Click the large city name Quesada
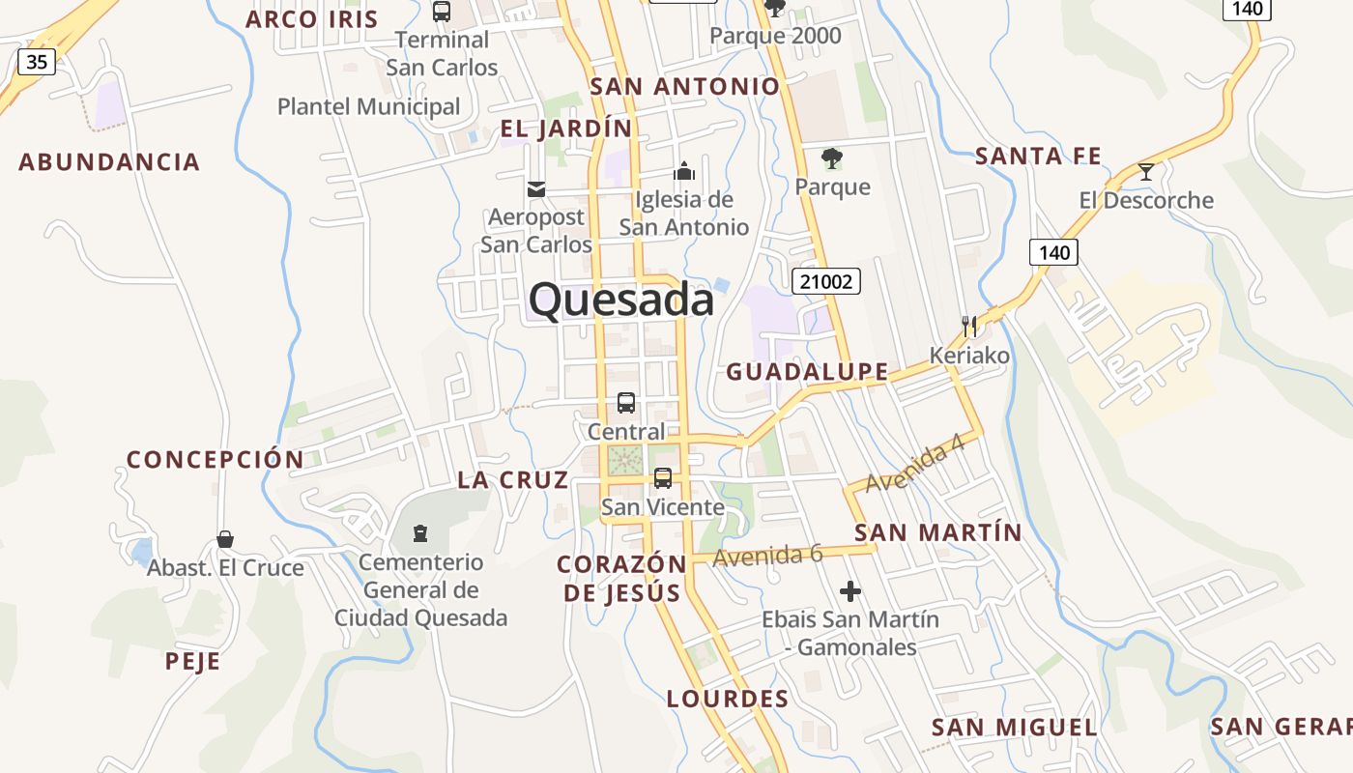[621, 300]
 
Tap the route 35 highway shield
[37, 62]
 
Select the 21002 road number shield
[825, 281]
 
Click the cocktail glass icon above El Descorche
[1146, 172]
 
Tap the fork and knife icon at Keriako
[969, 326]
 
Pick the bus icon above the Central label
[626, 403]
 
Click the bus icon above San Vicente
[663, 477]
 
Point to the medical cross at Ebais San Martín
[850, 591]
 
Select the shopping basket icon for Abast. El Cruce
[225, 538]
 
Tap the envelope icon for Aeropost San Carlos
[536, 188]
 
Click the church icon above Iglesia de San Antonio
[684, 171]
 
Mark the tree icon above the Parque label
[831, 157]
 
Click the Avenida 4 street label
[916, 468]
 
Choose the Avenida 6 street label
[767, 555]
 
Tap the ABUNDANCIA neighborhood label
[109, 161]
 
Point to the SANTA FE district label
[1038, 156]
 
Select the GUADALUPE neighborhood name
[807, 371]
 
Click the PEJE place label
[192, 662]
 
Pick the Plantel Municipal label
[368, 106]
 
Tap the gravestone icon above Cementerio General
[420, 533]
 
